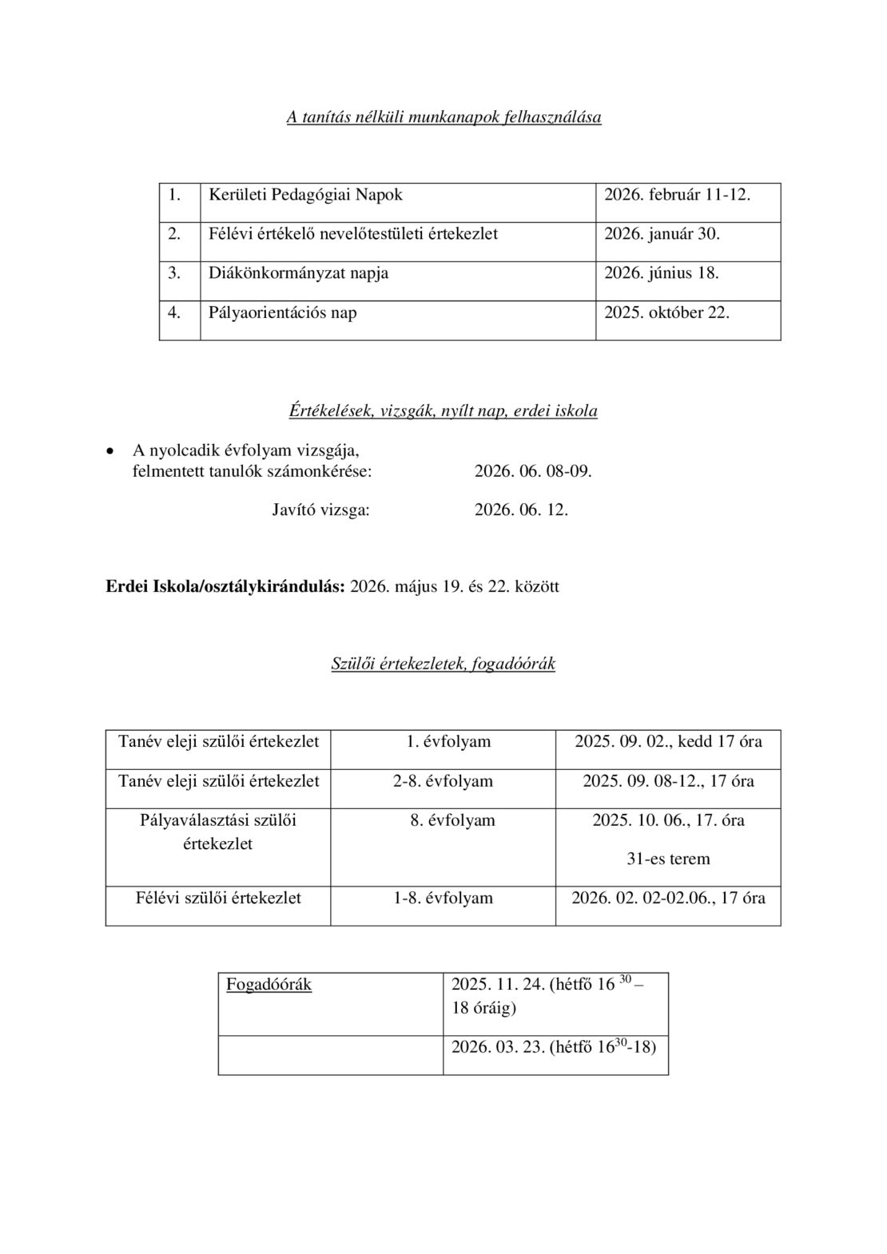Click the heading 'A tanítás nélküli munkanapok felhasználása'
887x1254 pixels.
coord(444,117)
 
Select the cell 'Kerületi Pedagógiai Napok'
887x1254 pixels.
coord(305,195)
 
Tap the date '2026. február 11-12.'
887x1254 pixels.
coord(677,195)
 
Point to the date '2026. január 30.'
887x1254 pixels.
coord(662,234)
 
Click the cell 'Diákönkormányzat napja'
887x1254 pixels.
coord(299,273)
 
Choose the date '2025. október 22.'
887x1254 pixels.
coord(666,312)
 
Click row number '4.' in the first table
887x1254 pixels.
coord(173,312)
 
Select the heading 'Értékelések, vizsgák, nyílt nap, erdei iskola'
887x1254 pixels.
coord(443,411)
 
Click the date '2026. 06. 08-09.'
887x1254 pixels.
coord(533,471)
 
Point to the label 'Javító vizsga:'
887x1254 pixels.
coord(321,510)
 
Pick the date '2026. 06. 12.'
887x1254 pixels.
coord(521,510)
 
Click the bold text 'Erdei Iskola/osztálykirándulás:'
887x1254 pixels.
coord(226,587)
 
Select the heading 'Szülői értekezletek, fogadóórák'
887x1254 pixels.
coord(443,664)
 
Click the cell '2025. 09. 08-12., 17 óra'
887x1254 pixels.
coord(668,781)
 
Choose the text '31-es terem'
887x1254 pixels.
coord(668,859)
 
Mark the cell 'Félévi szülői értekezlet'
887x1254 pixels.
coord(218,899)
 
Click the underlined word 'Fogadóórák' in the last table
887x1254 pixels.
coord(268,985)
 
